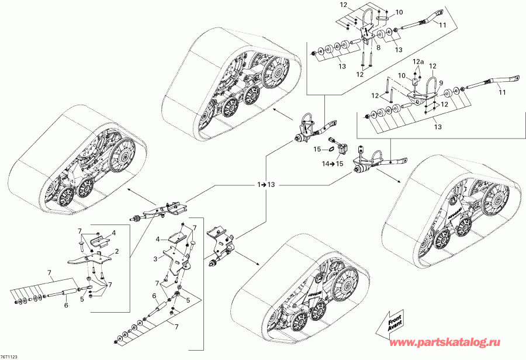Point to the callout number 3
coord(155,258)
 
